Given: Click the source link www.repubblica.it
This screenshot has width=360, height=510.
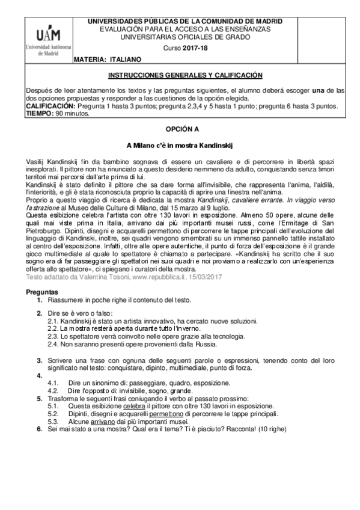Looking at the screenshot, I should pyautogui.click(x=160, y=277).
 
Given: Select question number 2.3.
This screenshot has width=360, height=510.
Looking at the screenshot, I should pyautogui.click(x=53, y=337).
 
